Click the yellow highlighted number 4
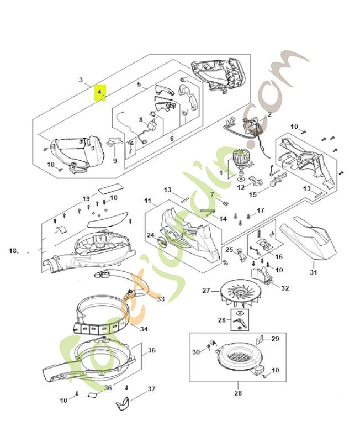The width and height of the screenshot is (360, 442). [100, 92]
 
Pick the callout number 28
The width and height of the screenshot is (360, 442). [237, 393]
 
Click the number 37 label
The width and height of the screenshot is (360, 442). [152, 389]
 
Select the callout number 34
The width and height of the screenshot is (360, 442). [144, 329]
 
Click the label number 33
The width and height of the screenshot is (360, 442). [161, 299]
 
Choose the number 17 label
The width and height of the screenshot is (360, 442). [260, 210]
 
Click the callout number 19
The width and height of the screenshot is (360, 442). [86, 198]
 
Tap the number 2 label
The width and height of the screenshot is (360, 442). [269, 115]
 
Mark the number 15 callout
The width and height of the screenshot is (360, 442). [253, 194]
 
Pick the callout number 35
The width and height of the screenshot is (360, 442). [151, 350]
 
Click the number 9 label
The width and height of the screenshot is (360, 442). [115, 161]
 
